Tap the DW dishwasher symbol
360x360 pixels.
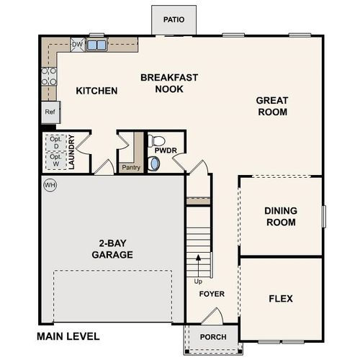78,45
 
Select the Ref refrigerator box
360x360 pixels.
50,112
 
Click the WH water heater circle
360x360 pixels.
50,185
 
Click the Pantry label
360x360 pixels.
131,168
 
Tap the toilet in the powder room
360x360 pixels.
156,141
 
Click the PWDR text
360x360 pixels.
171,150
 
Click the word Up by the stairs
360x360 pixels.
199,282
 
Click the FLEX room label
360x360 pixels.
280,299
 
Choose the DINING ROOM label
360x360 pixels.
280,217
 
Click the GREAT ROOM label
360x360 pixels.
271,107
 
